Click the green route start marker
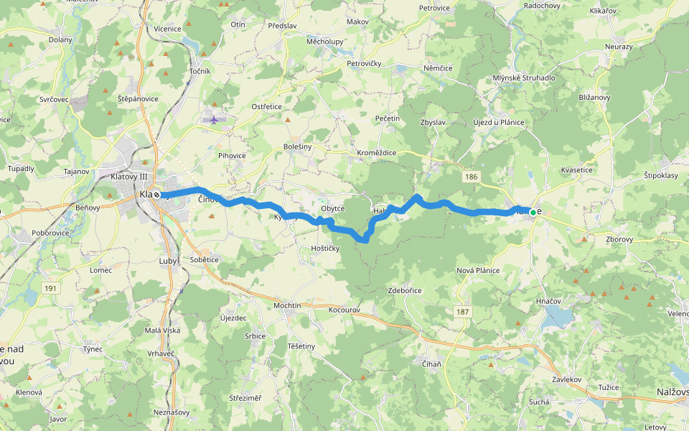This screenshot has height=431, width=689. coord(533,212)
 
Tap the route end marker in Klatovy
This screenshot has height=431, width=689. coord(156,195)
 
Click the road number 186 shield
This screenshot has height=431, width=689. coord(471,176)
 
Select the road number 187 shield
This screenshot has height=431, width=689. coord(463,311)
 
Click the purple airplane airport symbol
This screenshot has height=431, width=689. coord(214,119)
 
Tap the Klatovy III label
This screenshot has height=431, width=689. coord(129,177)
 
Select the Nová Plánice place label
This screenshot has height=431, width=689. coord(478,270)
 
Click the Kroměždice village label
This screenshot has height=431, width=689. coord(377,153)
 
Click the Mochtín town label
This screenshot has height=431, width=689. coord(287,305)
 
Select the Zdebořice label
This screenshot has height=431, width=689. coord(405,290)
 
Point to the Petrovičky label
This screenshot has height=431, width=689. coord(364,64)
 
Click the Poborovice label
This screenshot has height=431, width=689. coord(51,233)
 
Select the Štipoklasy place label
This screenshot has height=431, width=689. coord(661,175)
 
